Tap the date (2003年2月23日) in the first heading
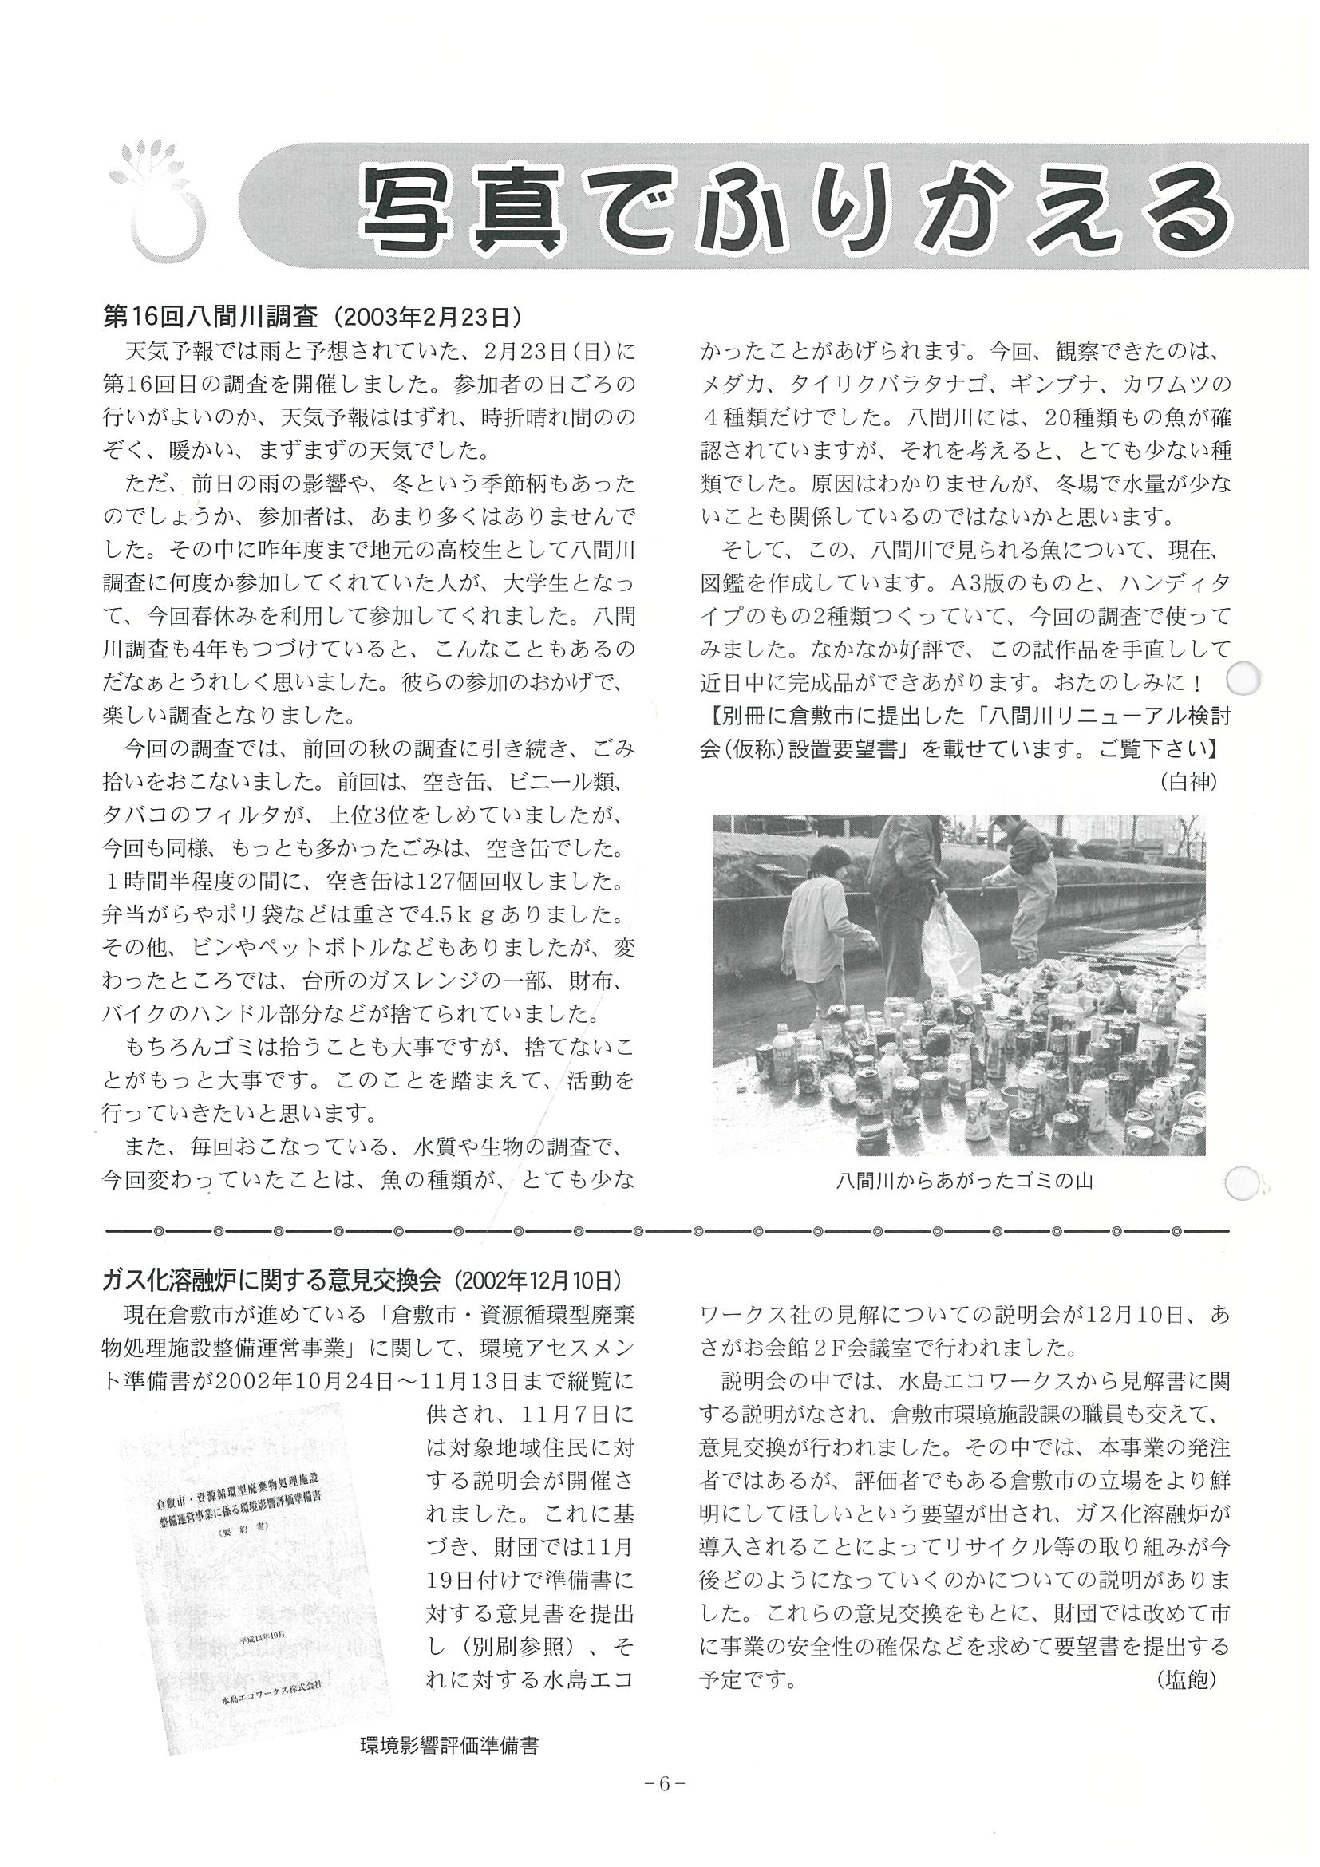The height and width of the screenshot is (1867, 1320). point(428,316)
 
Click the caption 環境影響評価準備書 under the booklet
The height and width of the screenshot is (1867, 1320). point(449,1745)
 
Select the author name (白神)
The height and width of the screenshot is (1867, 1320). point(1189,782)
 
